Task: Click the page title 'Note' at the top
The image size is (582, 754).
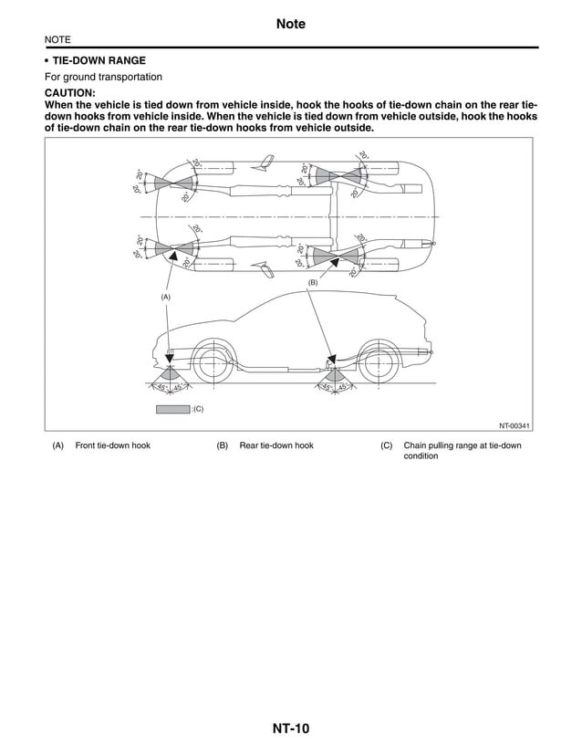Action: coord(290,24)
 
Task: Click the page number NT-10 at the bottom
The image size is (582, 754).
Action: coord(290,728)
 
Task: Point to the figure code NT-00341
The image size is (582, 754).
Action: coord(514,424)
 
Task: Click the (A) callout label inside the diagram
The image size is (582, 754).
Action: coord(166,297)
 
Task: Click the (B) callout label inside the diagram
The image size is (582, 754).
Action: coord(312,284)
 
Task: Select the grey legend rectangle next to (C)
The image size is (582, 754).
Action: coord(172,408)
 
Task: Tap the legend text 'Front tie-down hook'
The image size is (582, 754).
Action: coord(112,445)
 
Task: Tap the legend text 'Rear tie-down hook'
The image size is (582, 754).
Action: coord(275,445)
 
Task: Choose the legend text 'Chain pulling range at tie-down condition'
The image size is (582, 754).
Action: coord(462,450)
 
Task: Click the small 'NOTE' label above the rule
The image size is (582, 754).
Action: coord(57,40)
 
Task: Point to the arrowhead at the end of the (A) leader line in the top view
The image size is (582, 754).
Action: coord(171,258)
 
